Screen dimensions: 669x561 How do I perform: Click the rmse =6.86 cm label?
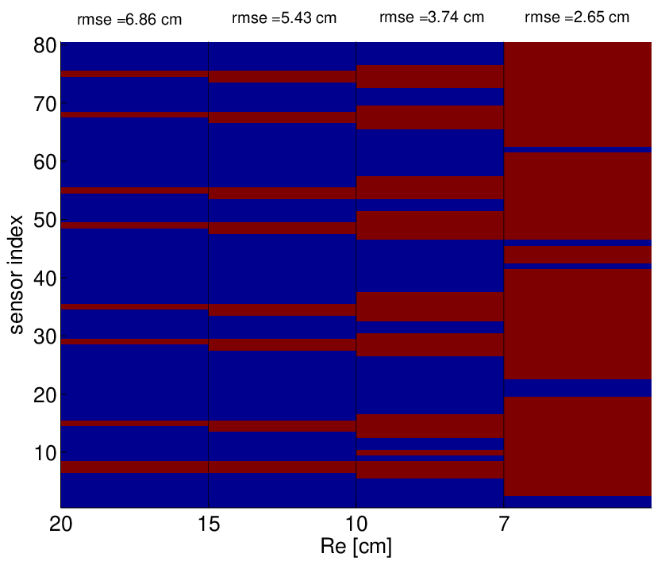[129, 20]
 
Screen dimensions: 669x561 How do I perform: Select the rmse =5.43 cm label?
[284, 18]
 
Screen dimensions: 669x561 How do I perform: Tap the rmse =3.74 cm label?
[432, 17]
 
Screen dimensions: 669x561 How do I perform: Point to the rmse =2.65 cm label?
[577, 17]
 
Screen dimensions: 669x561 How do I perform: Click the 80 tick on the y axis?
[44, 46]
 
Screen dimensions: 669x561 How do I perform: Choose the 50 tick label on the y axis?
[44, 220]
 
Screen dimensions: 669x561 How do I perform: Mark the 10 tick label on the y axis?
[44, 453]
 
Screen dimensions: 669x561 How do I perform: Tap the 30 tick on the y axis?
[44, 336]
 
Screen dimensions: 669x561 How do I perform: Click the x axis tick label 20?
[60, 524]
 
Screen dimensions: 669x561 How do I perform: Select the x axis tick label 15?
[209, 524]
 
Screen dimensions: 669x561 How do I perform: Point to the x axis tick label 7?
[504, 524]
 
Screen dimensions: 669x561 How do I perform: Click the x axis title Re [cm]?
[356, 546]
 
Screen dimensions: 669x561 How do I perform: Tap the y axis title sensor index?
[16, 275]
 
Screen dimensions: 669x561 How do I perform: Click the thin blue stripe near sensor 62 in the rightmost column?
[578, 149]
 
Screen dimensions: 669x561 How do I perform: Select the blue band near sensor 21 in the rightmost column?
[578, 388]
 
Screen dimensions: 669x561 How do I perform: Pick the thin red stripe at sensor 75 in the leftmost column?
[134, 74]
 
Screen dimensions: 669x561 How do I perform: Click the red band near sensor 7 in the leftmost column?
[134, 467]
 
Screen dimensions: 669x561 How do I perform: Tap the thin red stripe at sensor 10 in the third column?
[430, 452]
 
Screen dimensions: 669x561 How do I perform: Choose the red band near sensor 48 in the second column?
[283, 228]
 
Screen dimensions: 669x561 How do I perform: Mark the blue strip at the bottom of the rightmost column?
[578, 501]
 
